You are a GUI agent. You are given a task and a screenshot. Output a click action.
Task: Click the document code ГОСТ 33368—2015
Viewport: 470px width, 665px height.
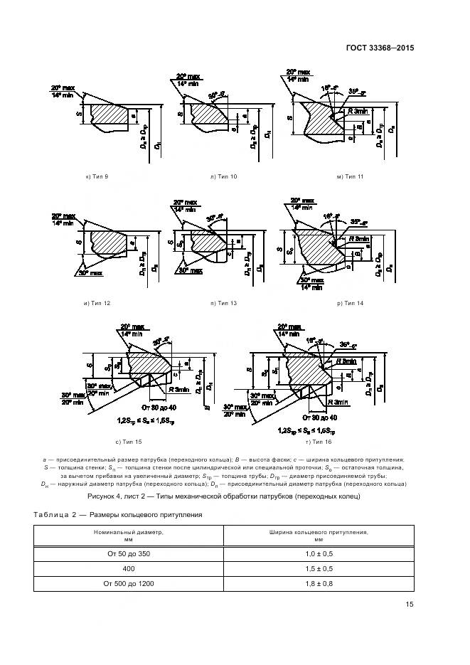379,48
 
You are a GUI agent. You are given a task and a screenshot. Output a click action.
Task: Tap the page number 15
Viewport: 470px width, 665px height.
409,605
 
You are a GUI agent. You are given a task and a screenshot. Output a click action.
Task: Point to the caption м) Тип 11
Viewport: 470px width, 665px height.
350,176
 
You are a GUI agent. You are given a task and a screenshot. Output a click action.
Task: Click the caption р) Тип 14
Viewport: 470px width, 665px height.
350,304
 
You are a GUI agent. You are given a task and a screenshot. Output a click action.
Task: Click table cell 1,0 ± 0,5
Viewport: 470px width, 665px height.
307,553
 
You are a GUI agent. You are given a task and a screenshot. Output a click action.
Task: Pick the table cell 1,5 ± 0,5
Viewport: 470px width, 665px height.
307,569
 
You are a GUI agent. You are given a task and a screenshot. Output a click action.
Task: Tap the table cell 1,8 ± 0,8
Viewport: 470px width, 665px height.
307,584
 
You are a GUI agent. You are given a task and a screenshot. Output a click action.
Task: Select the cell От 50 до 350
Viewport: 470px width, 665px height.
129,553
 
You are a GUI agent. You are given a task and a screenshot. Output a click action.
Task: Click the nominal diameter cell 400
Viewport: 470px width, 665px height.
129,569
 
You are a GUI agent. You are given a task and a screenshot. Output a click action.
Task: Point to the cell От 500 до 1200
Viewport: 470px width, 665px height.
129,584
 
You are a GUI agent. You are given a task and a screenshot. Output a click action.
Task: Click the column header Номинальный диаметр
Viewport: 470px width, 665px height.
129,535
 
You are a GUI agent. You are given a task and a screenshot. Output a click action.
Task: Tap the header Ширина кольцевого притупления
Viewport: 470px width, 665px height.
307,535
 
